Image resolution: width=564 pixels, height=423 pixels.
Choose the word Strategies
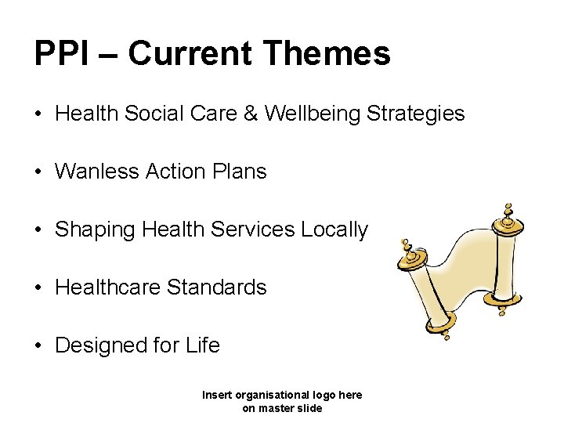click(x=417, y=114)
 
